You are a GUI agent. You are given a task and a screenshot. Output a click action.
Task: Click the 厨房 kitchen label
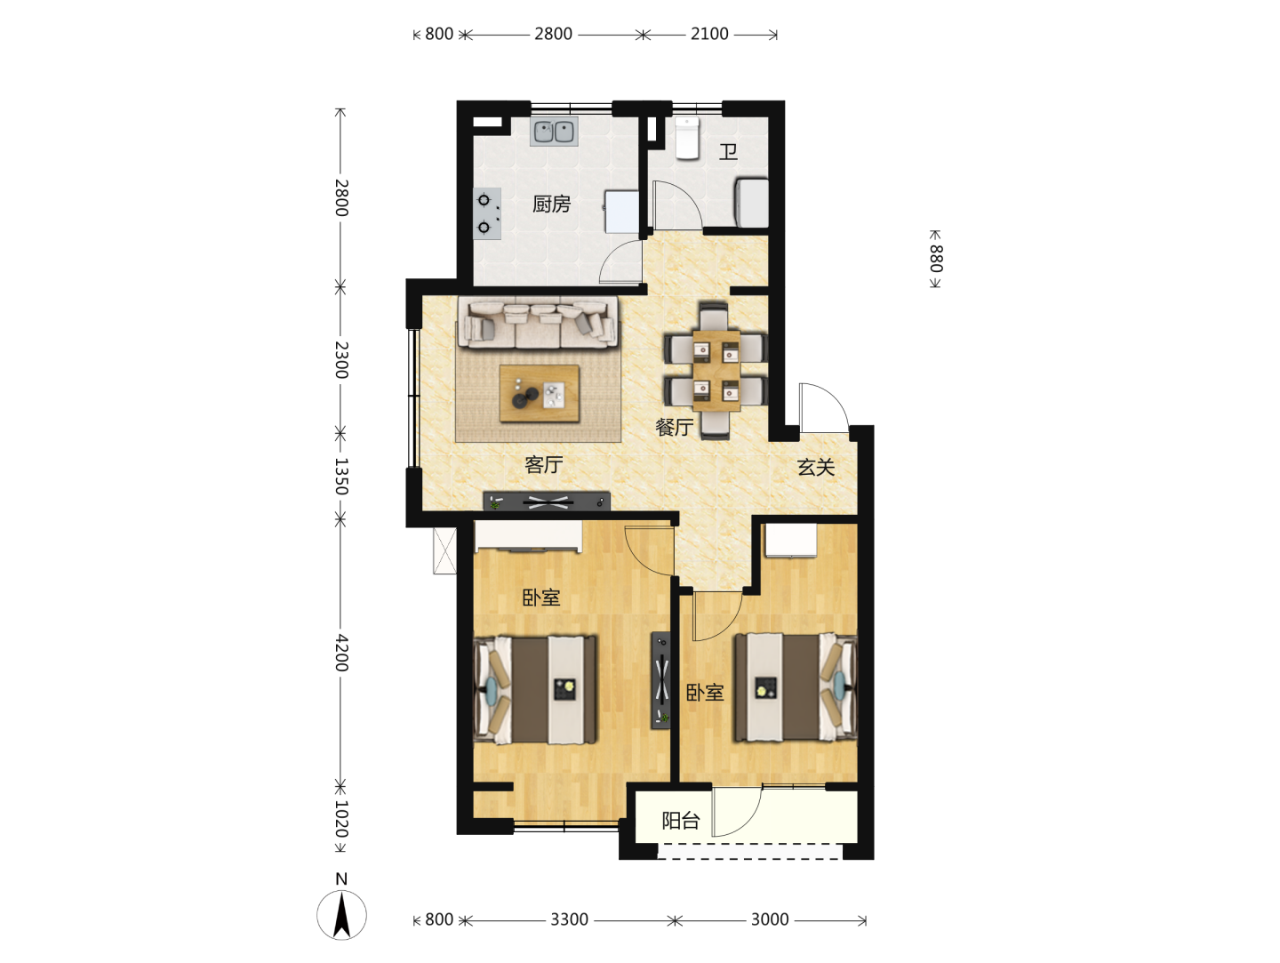click(551, 205)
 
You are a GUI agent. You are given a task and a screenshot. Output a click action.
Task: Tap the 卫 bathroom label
click(728, 152)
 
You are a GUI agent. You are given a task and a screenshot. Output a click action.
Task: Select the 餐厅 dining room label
click(674, 428)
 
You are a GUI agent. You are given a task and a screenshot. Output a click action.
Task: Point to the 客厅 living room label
click(543, 465)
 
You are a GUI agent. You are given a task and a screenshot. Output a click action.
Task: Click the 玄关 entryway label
click(816, 467)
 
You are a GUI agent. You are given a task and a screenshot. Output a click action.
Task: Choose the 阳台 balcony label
click(681, 821)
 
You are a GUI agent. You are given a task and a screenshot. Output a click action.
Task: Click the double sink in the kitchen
click(554, 132)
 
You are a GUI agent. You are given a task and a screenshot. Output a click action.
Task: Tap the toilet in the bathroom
click(687, 138)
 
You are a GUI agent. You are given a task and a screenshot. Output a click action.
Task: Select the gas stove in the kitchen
click(487, 213)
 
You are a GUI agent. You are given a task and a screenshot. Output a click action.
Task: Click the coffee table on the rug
click(540, 394)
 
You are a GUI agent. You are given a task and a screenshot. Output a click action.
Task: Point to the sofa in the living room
click(538, 322)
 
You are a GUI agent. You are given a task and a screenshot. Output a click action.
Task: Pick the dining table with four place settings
click(716, 371)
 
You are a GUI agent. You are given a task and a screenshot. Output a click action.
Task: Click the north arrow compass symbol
click(341, 913)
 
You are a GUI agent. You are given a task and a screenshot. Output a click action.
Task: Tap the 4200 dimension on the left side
click(341, 654)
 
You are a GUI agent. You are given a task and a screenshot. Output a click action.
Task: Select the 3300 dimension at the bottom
click(569, 919)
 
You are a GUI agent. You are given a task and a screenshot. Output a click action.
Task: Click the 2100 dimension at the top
click(709, 34)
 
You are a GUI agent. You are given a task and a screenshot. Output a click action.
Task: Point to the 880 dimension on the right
click(936, 259)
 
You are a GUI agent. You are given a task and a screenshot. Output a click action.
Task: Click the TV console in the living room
click(547, 502)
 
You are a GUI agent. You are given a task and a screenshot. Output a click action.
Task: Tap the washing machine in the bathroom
click(752, 203)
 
